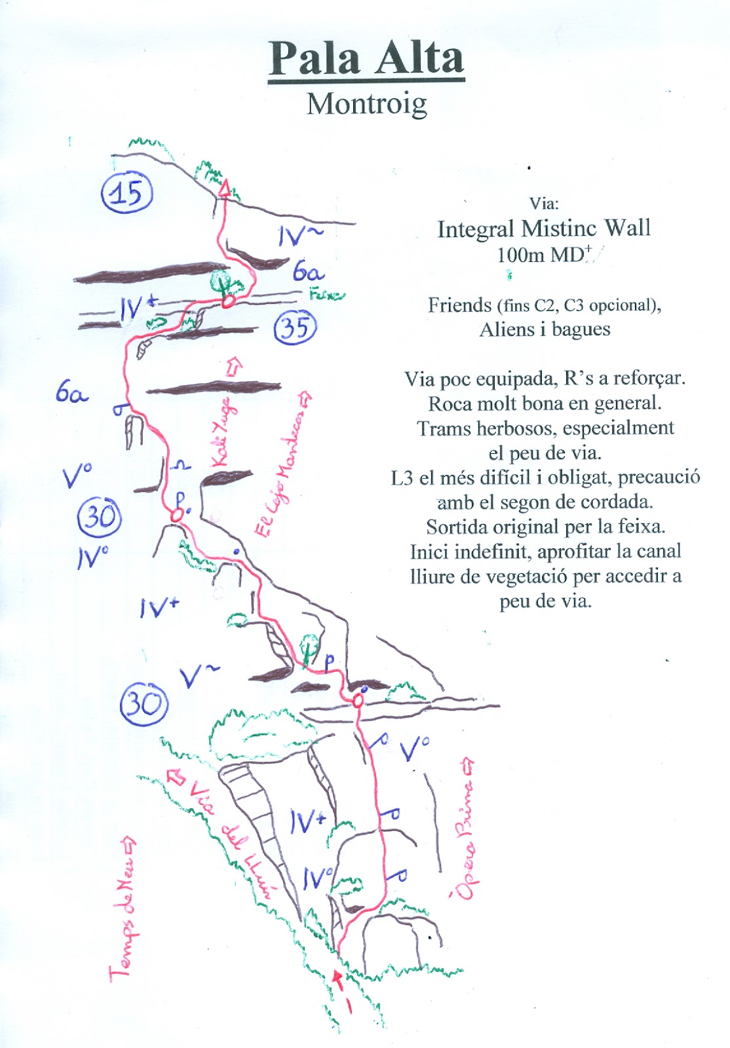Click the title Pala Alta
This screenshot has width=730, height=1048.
pos(366,59)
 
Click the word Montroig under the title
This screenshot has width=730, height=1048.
pos(366,104)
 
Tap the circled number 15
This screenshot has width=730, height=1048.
pos(126,193)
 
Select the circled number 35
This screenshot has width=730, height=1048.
pos(295,327)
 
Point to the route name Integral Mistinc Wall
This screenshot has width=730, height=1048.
pos(544,229)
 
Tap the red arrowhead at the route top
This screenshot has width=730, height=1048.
pos(225,189)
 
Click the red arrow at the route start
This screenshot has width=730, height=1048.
pos(338,979)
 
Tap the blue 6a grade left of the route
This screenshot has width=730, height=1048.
pos(71,394)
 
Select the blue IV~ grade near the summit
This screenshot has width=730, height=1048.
pos(298,235)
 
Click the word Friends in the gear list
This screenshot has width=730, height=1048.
pos(459,305)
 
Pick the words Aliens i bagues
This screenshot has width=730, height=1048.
pos(545,329)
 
